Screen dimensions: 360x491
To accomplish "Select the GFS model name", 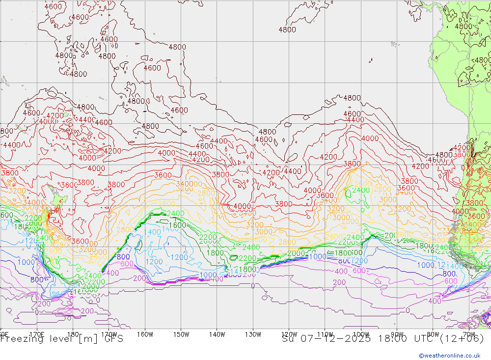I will click(112, 339).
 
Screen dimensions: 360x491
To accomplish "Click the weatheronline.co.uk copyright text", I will click(449, 356).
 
